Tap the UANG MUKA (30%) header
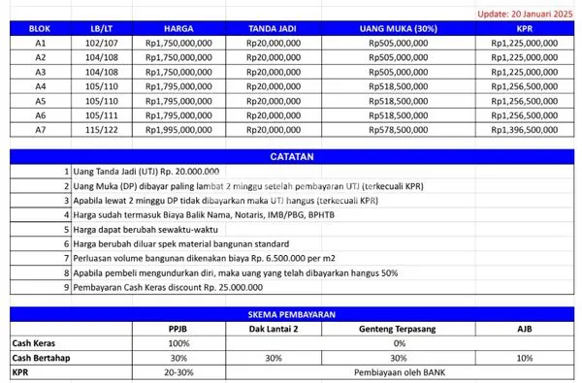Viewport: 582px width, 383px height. (x=398, y=29)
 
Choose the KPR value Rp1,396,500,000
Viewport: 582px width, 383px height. (x=524, y=129)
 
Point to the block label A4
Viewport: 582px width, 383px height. (x=41, y=85)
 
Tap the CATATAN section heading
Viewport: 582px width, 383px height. (x=291, y=156)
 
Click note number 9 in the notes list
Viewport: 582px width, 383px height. (x=66, y=288)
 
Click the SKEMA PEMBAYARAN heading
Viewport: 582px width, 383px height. (x=291, y=314)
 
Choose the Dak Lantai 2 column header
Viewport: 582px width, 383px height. (x=274, y=329)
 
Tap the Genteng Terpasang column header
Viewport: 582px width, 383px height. (x=399, y=329)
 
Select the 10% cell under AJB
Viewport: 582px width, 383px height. (x=525, y=357)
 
